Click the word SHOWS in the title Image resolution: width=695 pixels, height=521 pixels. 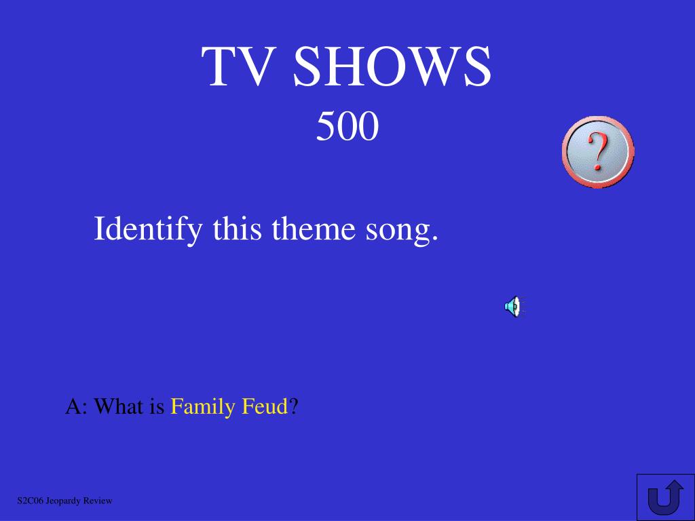click(x=392, y=66)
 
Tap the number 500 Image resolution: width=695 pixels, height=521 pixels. click(x=347, y=126)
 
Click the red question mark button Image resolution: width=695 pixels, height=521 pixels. click(x=598, y=151)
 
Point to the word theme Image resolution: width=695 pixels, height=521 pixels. click(x=314, y=229)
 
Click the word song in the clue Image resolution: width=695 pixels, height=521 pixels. click(x=398, y=232)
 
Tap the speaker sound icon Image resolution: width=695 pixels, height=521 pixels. click(x=514, y=307)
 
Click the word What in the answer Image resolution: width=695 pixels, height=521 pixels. click(x=119, y=406)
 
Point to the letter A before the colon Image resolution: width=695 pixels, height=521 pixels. click(x=73, y=406)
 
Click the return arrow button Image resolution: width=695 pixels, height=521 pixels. click(x=665, y=497)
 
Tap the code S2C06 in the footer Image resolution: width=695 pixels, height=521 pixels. click(x=30, y=501)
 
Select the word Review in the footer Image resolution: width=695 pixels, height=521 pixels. click(x=98, y=501)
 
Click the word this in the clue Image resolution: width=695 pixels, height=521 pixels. click(x=237, y=229)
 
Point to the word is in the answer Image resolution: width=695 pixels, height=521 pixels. click(x=157, y=406)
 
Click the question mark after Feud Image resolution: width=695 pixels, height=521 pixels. click(x=293, y=406)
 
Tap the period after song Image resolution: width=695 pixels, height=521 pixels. click(x=434, y=238)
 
